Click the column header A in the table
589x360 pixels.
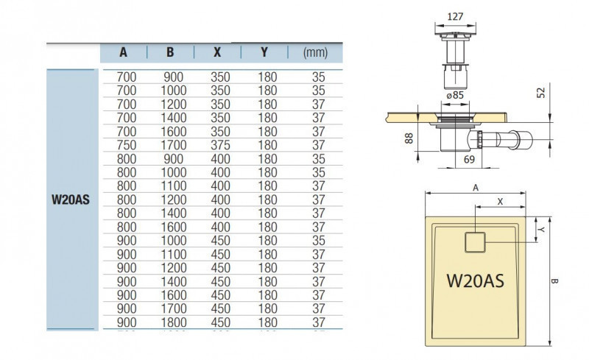pyautogui.click(x=123, y=52)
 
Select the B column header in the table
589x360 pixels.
pyautogui.click(x=170, y=52)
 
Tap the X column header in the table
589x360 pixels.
pyautogui.click(x=216, y=52)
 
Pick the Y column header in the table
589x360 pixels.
pyautogui.click(x=264, y=52)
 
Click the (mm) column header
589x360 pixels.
pyautogui.click(x=315, y=52)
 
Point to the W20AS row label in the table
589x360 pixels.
pyautogui.click(x=71, y=199)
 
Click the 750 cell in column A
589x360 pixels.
pyautogui.click(x=127, y=144)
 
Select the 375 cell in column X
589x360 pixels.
pyautogui.click(x=220, y=144)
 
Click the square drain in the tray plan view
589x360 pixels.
pyautogui.click(x=476, y=240)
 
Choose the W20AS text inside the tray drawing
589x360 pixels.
pyautogui.click(x=476, y=280)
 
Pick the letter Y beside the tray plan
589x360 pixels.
pyautogui.click(x=542, y=230)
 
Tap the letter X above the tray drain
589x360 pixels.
pyautogui.click(x=500, y=200)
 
